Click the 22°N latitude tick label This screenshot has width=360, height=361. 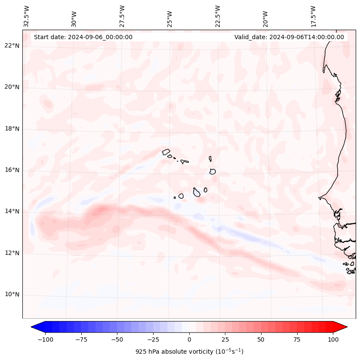click(x=12, y=46)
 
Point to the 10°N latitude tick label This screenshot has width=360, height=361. click(x=12, y=295)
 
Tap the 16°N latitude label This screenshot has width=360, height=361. click(x=12, y=170)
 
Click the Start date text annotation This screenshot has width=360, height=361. click(x=83, y=37)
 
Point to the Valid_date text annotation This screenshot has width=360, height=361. click(x=289, y=37)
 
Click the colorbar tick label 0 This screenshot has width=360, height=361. click(x=189, y=339)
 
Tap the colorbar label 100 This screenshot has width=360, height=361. click(x=333, y=339)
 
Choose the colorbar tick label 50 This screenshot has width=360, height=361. click(x=261, y=339)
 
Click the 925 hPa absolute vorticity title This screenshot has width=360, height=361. click(x=189, y=352)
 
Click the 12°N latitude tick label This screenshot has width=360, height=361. click(x=12, y=253)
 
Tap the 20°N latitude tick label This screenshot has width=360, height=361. click(x=12, y=87)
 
